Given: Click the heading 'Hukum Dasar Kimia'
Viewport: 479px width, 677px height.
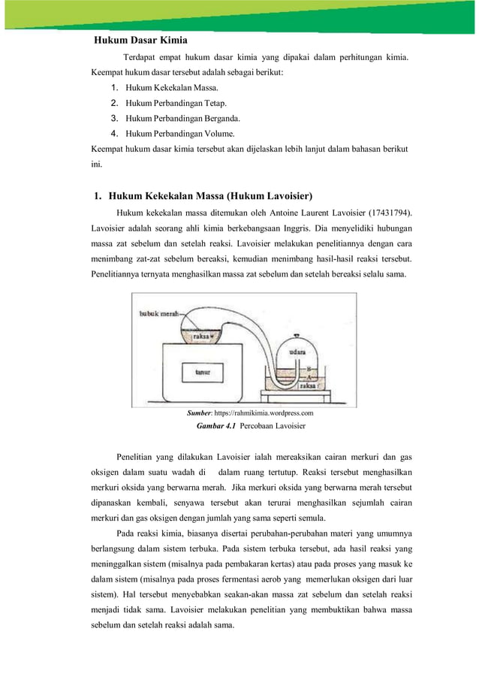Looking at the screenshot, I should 140,40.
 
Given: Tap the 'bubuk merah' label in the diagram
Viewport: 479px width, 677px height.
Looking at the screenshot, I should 158,315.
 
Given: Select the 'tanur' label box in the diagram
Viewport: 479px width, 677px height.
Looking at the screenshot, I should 201,372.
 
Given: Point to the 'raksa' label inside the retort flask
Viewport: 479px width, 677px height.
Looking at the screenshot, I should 200,337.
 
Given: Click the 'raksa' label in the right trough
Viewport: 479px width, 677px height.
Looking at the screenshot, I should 307,385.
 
